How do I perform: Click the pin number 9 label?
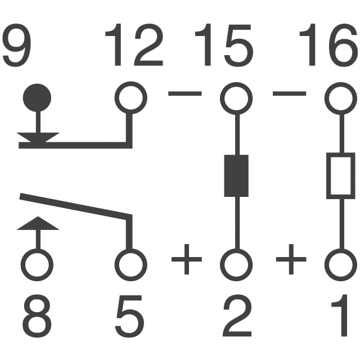coord(16,45)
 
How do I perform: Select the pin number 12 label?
coord(134,44)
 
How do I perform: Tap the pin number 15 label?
coord(224,44)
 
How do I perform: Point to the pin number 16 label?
coord(328,44)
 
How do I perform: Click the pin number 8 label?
coord(37,316)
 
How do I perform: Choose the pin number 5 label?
coord(130,316)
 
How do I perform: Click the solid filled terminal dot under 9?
coord(37,98)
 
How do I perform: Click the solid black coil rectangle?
coord(236,175)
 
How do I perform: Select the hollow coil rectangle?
coord(328,175)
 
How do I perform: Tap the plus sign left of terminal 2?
coord(187,259)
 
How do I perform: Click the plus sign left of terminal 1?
coord(291,259)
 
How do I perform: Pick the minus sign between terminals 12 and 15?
coord(185,93)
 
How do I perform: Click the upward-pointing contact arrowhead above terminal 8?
coord(38,223)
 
